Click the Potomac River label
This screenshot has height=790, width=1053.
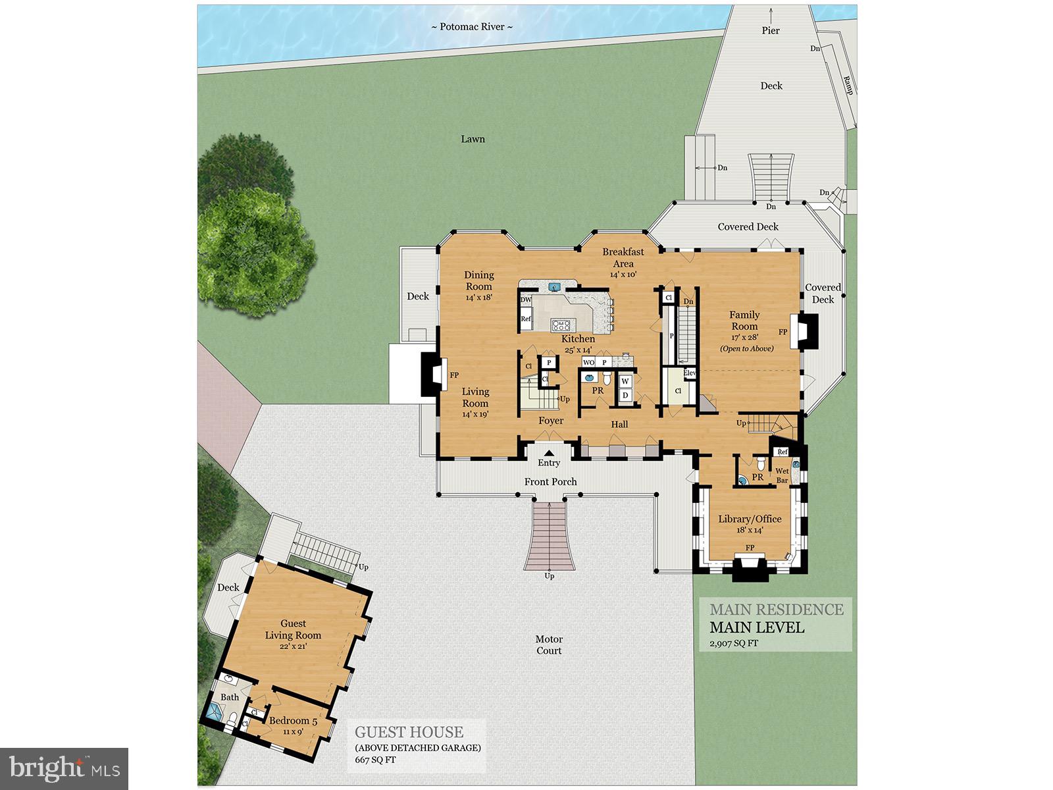tap(472, 27)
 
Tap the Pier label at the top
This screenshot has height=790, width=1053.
tap(771, 30)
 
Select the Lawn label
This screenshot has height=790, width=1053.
tap(473, 139)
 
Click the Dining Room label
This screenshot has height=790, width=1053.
tap(479, 281)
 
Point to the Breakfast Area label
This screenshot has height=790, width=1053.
tap(623, 257)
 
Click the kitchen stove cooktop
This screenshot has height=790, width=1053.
tap(561, 324)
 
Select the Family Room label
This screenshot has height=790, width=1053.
tap(744, 321)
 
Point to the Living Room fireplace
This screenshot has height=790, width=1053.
tap(431, 375)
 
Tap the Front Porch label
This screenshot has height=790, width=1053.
tap(551, 482)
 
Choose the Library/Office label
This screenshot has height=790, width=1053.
tap(750, 519)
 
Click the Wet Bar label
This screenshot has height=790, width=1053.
tap(782, 475)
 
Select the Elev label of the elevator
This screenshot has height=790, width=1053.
tap(689, 373)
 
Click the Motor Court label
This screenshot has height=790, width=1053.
tap(549, 645)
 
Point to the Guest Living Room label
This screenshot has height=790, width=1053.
tap(293, 629)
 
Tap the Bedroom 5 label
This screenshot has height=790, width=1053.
tap(293, 721)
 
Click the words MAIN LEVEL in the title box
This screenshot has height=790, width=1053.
tap(757, 627)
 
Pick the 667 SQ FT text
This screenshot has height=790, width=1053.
tap(375, 760)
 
